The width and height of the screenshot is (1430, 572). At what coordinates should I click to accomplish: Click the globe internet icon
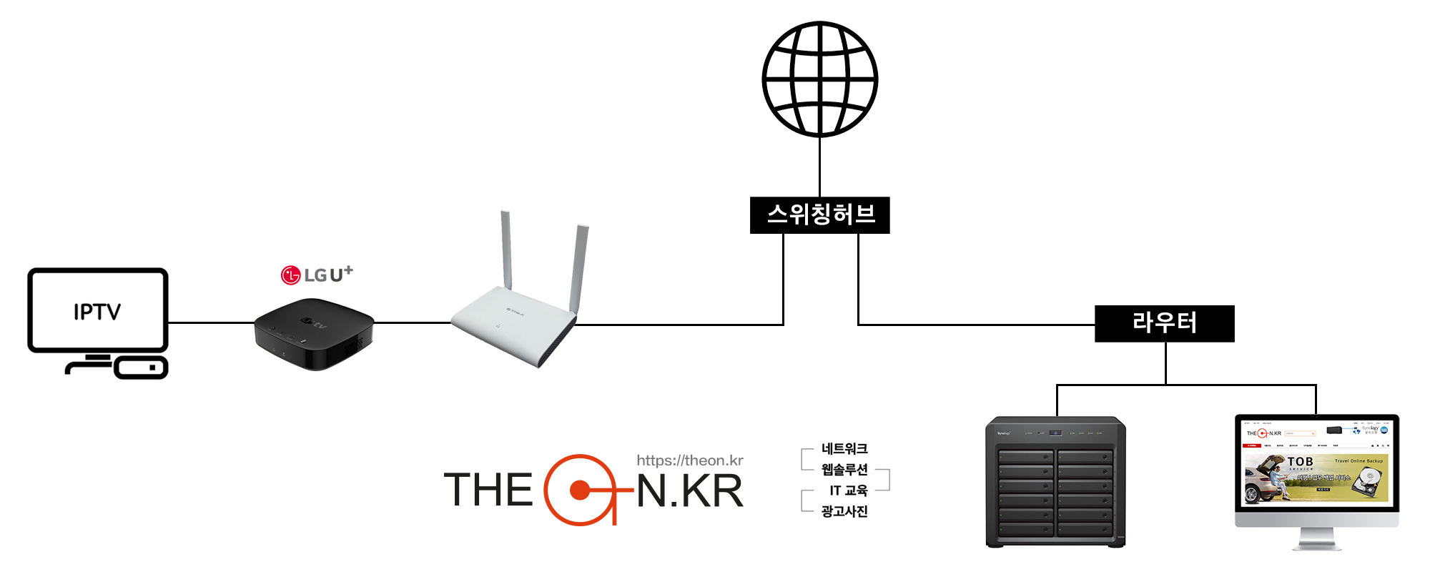[x=819, y=79]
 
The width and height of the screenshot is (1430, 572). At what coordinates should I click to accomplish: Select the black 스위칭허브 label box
[x=819, y=214]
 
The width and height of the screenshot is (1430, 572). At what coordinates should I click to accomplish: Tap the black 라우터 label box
[x=1164, y=323]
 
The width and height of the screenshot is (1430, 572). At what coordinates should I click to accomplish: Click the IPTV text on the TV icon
[x=97, y=312]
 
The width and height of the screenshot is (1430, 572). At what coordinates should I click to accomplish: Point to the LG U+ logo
[x=317, y=275]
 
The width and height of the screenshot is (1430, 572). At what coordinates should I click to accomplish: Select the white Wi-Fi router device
[x=513, y=325]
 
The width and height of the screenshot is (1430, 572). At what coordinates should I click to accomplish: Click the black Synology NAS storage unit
[x=1055, y=482]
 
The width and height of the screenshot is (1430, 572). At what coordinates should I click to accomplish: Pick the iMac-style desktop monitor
[x=1316, y=472]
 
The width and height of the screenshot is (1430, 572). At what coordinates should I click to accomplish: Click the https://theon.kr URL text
[x=689, y=460]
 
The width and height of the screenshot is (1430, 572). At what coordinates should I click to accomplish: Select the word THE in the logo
[x=488, y=490]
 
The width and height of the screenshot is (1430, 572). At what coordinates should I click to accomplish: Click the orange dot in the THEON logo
[x=580, y=490]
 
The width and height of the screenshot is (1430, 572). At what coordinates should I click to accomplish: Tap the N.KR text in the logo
[x=690, y=491]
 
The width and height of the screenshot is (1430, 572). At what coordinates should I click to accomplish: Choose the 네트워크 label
[x=844, y=448]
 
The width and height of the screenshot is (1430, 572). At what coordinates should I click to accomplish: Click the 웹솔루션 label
[x=844, y=469]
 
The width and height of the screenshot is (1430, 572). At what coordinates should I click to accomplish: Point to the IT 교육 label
[x=848, y=490]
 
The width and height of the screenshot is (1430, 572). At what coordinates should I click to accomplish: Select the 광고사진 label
[x=844, y=511]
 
